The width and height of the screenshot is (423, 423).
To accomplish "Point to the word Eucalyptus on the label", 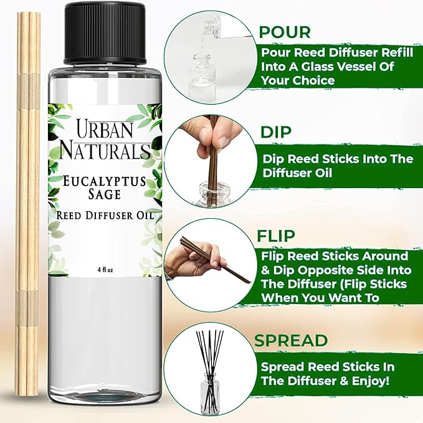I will tap(103, 181).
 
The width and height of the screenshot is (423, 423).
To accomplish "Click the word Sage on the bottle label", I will tap(103, 197).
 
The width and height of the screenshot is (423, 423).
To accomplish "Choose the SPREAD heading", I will tap(291, 340).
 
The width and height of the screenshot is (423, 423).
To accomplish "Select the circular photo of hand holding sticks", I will tap(209, 262).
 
